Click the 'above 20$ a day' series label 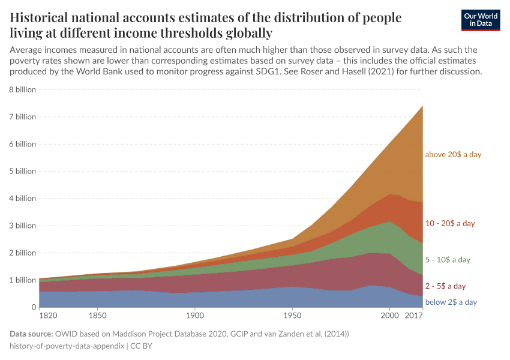[x=453, y=154]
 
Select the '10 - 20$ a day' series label [x=449, y=223]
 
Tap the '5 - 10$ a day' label [x=448, y=260]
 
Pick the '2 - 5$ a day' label [x=445, y=286]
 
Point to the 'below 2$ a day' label [x=451, y=302]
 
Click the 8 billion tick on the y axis [x=23, y=89]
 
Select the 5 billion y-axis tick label [x=23, y=171]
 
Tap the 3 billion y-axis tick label [x=23, y=226]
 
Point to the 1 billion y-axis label [x=23, y=280]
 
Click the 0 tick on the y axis [x=34, y=307]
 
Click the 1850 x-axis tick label [x=97, y=315]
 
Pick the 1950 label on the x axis [x=292, y=315]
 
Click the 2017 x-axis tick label [x=414, y=315]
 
